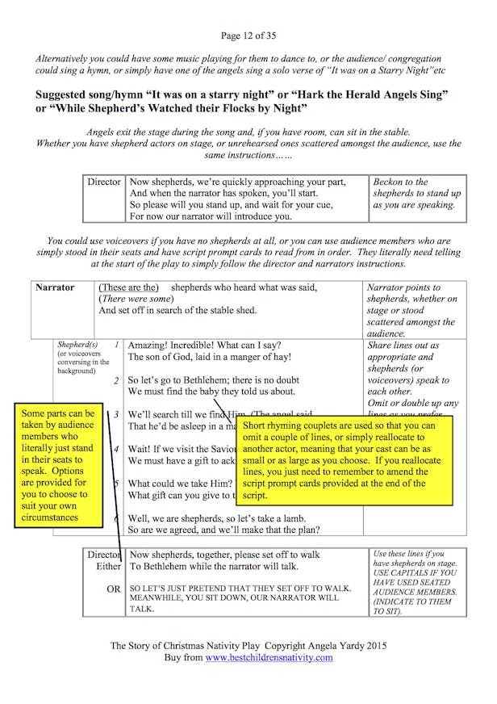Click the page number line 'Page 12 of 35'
click(248, 36)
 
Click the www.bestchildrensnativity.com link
click(269, 657)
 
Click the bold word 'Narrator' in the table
click(55, 287)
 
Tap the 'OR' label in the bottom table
click(114, 589)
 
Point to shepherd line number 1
click(117, 345)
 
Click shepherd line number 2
click(117, 380)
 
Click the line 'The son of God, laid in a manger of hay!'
click(210, 357)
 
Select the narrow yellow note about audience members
click(58, 465)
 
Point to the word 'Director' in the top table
click(104, 182)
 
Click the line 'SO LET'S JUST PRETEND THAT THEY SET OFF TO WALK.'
click(240, 589)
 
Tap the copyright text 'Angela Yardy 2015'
click(343, 645)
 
